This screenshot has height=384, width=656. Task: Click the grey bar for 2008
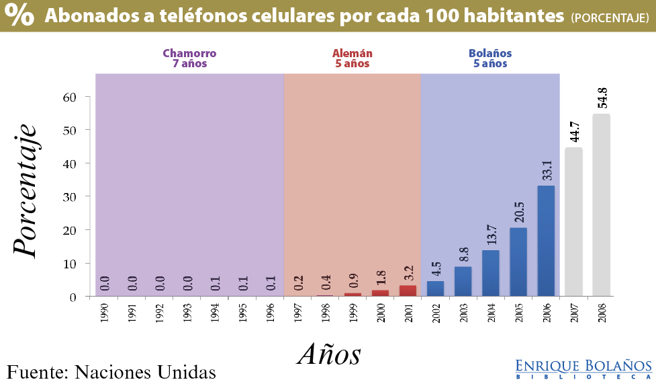tap(601, 205)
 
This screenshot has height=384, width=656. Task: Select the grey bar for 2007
tap(573, 222)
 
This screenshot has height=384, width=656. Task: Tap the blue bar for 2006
tap(546, 241)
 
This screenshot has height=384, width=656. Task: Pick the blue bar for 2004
tap(491, 273)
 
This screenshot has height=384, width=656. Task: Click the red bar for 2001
tap(408, 291)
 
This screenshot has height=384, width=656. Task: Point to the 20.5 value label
tap(518, 210)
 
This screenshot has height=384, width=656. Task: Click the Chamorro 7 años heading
tap(189, 59)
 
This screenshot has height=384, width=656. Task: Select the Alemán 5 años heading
tap(353, 59)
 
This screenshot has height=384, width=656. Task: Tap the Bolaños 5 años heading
tap(490, 59)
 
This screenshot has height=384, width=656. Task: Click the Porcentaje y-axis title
tap(25, 189)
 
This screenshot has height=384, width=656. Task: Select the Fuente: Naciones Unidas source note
tap(111, 371)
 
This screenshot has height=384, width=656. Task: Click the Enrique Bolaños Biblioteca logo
tap(583, 369)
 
